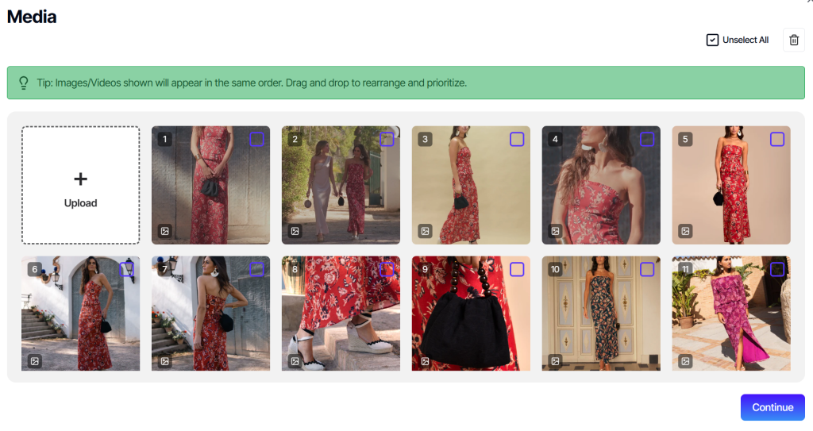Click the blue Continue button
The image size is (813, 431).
(773, 407)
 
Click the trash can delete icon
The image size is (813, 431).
(794, 40)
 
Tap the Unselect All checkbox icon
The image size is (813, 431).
(712, 40)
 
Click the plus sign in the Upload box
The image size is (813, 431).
(80, 179)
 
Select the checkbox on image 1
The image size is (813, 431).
(256, 139)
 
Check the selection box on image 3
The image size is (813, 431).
(517, 139)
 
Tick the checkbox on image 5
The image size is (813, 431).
(777, 139)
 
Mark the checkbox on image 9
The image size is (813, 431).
(517, 269)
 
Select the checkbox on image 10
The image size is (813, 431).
(647, 269)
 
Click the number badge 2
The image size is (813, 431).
(295, 139)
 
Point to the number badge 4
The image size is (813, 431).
(555, 139)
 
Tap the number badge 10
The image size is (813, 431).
(555, 269)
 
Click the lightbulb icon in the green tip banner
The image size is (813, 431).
(23, 83)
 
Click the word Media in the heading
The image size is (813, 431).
(32, 17)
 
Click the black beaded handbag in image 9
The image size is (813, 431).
(465, 321)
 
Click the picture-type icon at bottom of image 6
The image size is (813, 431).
(35, 361)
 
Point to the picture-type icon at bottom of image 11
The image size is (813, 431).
(685, 361)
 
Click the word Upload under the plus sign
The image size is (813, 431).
(80, 202)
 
